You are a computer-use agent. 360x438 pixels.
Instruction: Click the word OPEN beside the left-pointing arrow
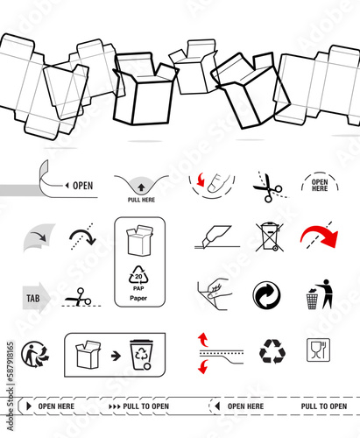[82, 186]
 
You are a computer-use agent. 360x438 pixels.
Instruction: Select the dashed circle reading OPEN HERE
[320, 185]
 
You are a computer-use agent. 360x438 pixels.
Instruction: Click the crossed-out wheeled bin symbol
[269, 237]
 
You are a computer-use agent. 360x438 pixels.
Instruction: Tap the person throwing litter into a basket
[319, 296]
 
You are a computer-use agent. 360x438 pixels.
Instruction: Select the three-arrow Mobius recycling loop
[272, 351]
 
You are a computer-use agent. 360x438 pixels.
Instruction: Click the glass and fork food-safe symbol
[319, 350]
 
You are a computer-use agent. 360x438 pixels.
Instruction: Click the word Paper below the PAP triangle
[138, 298]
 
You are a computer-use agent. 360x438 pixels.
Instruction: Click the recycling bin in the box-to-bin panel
[141, 353]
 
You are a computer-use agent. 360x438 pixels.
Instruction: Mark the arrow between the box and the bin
[115, 356]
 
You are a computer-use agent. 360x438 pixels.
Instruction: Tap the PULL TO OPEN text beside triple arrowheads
[145, 407]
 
